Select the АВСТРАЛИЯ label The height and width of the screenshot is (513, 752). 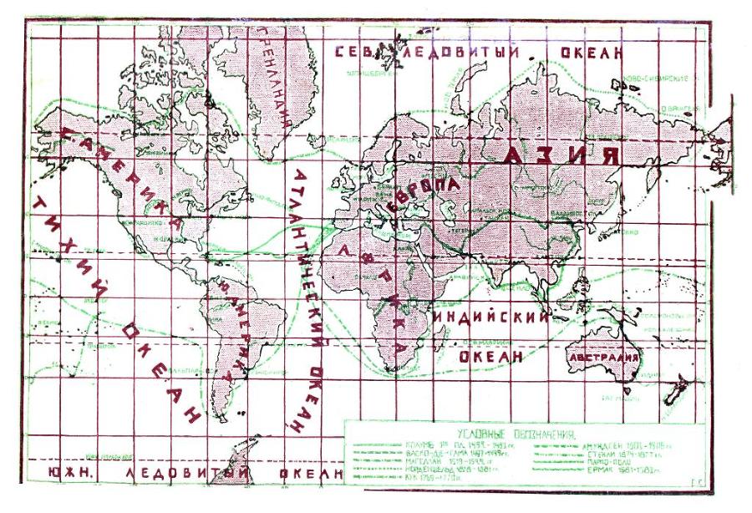(603, 358)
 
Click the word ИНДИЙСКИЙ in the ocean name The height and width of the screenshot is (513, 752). (490, 318)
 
